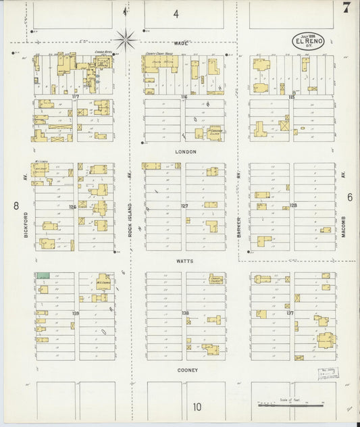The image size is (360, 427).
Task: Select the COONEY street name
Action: coord(186,370)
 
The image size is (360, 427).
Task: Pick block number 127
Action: coord(184,205)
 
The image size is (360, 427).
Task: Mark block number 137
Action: coord(290,313)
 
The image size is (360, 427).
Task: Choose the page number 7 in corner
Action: coord(346,8)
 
